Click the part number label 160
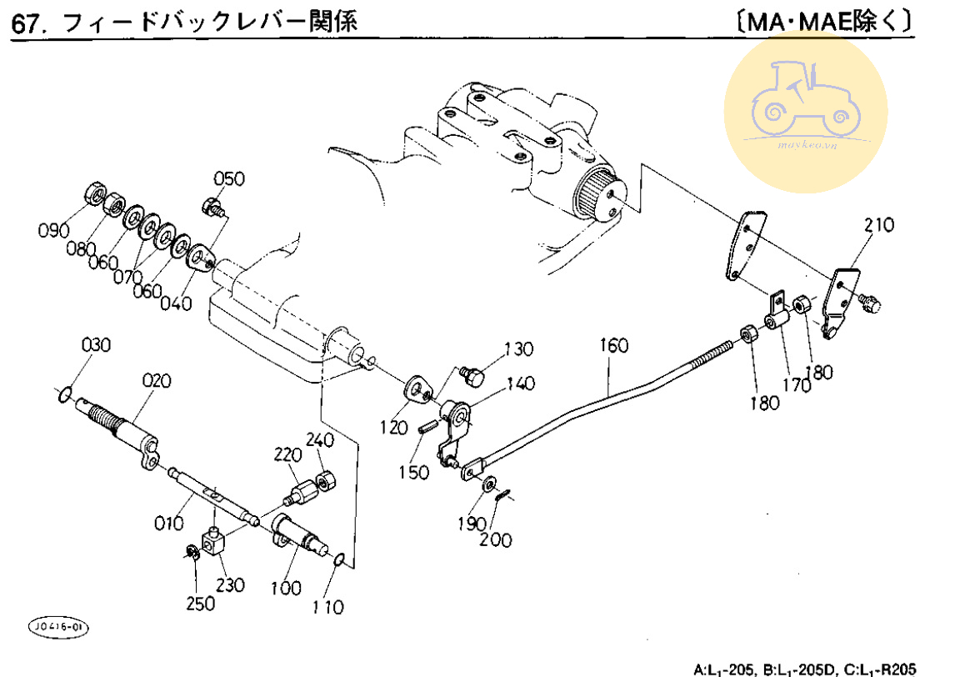tap(613, 345)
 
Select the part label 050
tap(229, 178)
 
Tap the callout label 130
tap(517, 349)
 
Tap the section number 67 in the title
tap(25, 23)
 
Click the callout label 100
tap(285, 588)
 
